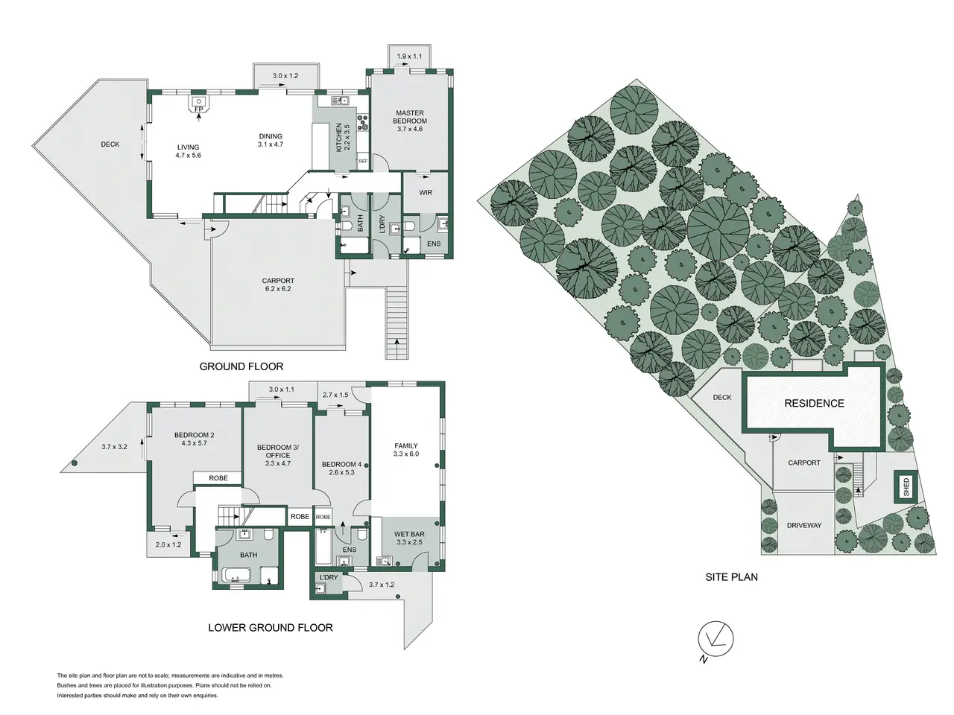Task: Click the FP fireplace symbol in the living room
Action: tap(198, 104)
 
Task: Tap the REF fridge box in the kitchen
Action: tap(363, 161)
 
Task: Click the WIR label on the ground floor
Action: tap(426, 192)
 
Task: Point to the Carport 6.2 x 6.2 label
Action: tap(278, 285)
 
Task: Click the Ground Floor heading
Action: tap(241, 366)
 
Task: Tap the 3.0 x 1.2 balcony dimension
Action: tap(285, 75)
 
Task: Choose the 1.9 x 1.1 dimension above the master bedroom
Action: tap(409, 56)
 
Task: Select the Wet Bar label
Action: tap(409, 534)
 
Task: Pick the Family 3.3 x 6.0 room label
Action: tap(406, 450)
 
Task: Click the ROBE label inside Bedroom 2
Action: tap(218, 478)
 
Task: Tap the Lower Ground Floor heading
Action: tap(271, 627)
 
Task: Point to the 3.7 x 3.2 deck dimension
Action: tap(114, 446)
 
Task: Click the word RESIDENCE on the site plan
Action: tap(814, 403)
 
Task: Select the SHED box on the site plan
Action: tap(906, 486)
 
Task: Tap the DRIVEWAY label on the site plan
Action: tap(804, 525)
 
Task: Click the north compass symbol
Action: tap(715, 640)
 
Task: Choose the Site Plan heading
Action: tap(731, 577)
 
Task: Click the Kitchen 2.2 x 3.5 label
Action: tap(343, 137)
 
